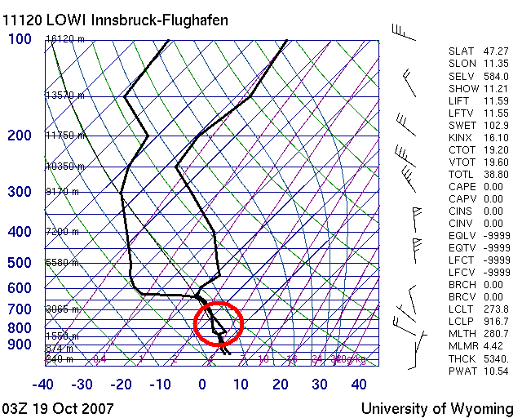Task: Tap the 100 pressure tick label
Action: click(20, 39)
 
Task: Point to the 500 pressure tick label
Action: click(20, 263)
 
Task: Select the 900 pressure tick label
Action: click(20, 345)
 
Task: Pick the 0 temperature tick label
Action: click(202, 384)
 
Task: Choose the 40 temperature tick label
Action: click(359, 384)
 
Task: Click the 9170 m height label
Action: click(62, 192)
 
